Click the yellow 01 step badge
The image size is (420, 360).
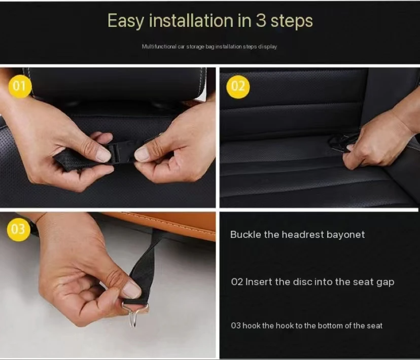pyautogui.click(x=19, y=86)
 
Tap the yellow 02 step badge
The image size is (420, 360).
pyautogui.click(x=238, y=86)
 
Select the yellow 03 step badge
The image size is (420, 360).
pyautogui.click(x=18, y=230)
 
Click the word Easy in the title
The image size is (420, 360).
pyautogui.click(x=125, y=21)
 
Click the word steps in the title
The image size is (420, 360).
pyautogui.click(x=291, y=21)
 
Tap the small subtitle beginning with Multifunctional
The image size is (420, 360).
pyautogui.click(x=209, y=47)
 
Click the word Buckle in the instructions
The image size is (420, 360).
pyautogui.click(x=247, y=235)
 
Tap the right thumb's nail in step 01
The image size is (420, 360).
pyautogui.click(x=143, y=154)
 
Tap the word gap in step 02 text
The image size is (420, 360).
pyautogui.click(x=385, y=282)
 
